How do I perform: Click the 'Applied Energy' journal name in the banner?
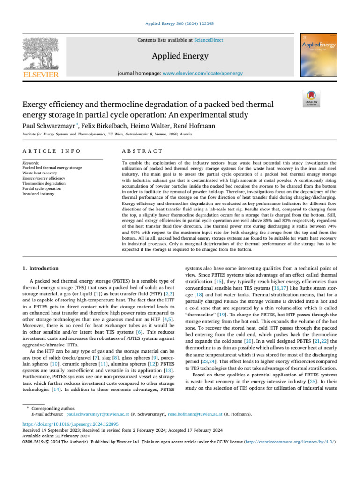[x=180, y=57]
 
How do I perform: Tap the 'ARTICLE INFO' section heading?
[x=52, y=151]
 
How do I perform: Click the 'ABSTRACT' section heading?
[x=142, y=151]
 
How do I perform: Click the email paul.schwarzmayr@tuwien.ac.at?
[x=97, y=414]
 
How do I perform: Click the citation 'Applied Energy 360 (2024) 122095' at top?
[x=180, y=23]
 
